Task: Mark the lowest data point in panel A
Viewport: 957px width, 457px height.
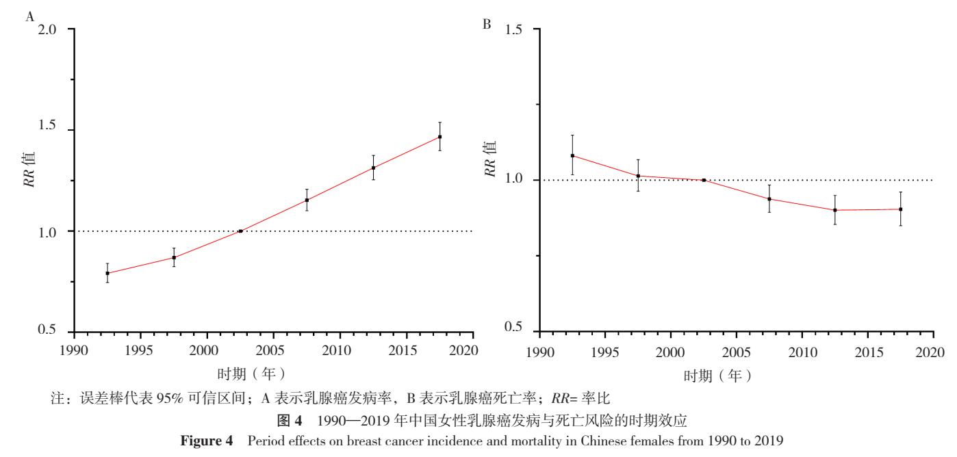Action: pyautogui.click(x=107, y=273)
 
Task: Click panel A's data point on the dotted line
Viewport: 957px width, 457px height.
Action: pyautogui.click(x=240, y=231)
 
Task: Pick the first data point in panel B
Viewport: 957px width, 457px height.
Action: pyautogui.click(x=572, y=155)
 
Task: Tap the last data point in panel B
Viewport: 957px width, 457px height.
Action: pyautogui.click(x=900, y=209)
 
